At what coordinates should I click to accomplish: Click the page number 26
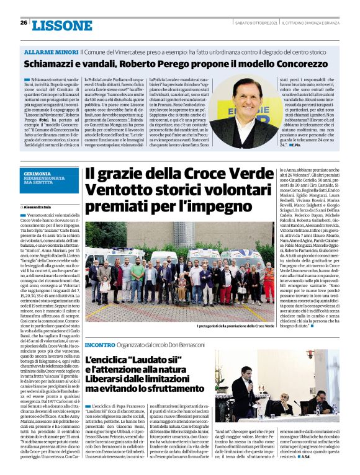point(24,23)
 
